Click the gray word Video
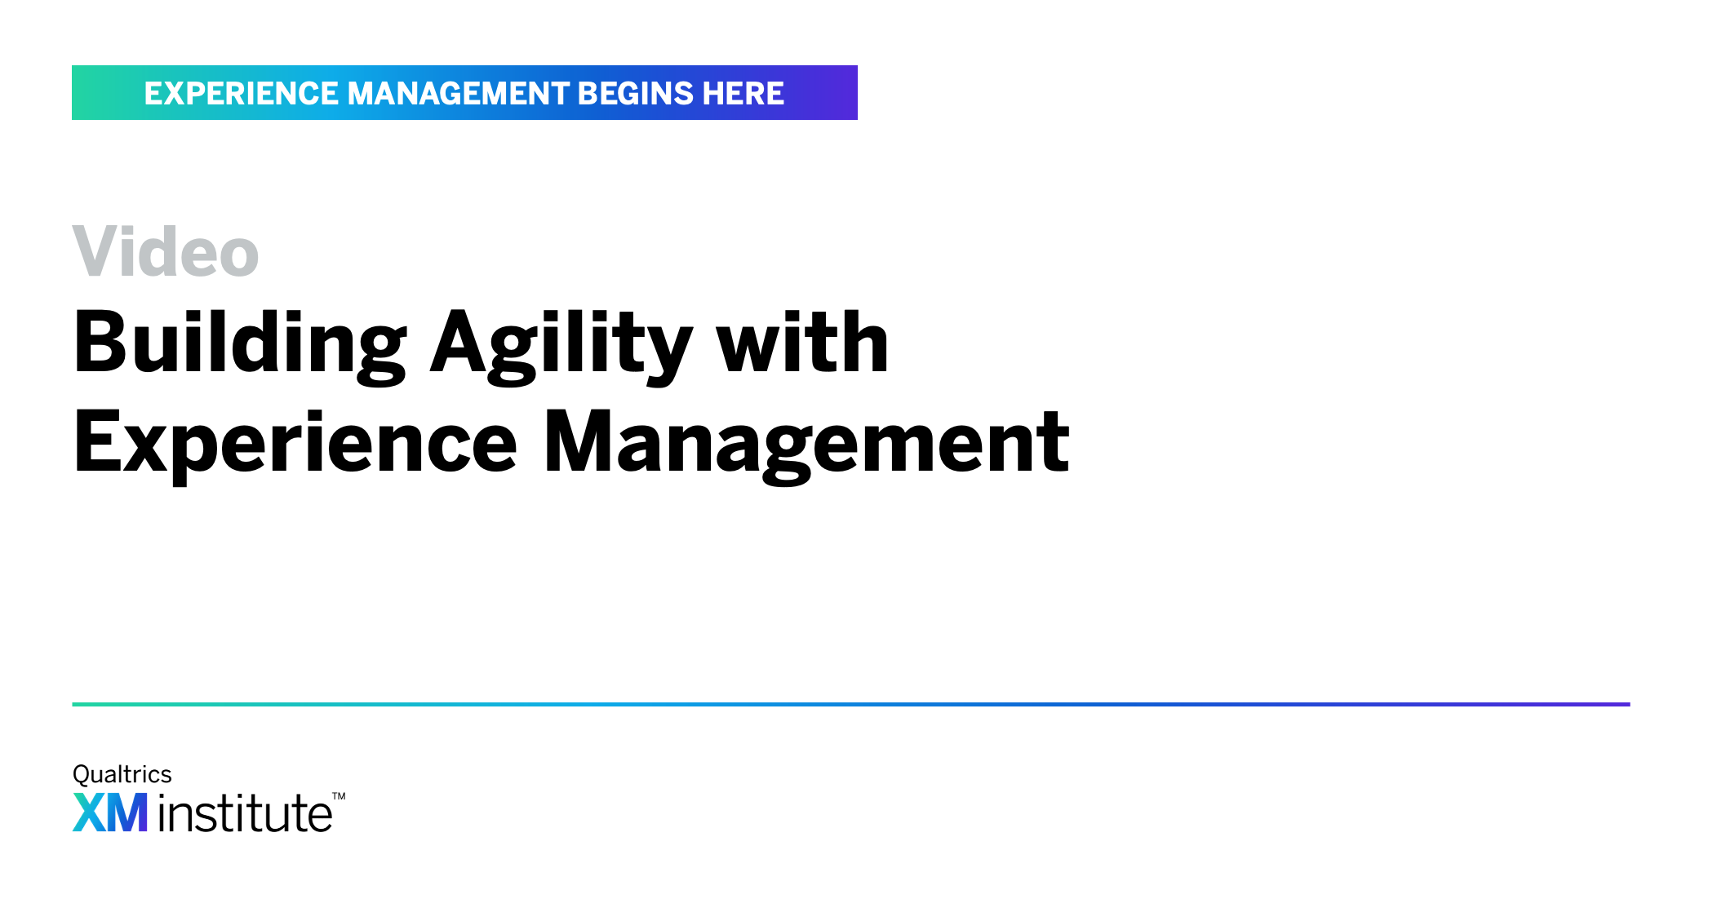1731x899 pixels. pyautogui.click(x=166, y=251)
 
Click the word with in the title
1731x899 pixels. pyautogui.click(x=802, y=342)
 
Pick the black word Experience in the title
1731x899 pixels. pyautogui.click(x=295, y=445)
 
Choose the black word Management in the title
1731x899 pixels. pyautogui.click(x=806, y=445)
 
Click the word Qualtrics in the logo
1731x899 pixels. pyautogui.click(x=122, y=774)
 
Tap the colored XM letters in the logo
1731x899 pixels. pyautogui.click(x=110, y=813)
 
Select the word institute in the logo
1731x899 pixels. pyautogui.click(x=246, y=813)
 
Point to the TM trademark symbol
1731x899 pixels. pyautogui.click(x=339, y=796)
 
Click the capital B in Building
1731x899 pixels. pyautogui.click(x=100, y=342)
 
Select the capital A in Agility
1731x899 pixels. pyautogui.click(x=461, y=342)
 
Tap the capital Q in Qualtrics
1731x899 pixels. pyautogui.click(x=82, y=774)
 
